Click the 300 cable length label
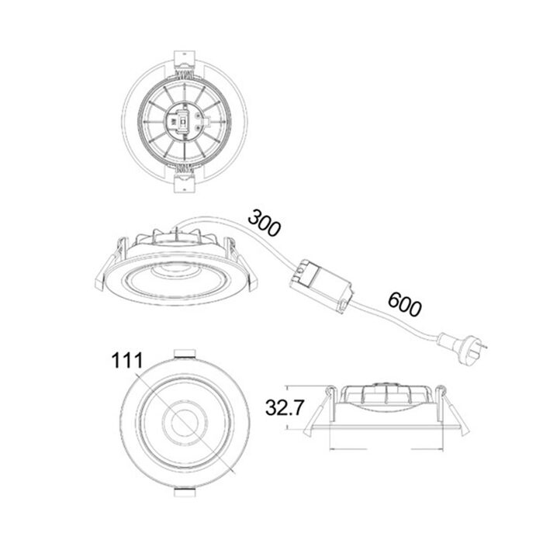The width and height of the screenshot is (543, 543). tap(264, 223)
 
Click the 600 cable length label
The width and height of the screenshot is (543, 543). tap(404, 305)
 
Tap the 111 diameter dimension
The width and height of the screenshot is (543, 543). tap(126, 361)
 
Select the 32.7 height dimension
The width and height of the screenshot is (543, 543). tap(285, 407)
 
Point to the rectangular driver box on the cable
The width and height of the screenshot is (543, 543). tap(320, 286)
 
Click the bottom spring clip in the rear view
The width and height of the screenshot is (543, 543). tap(184, 179)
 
